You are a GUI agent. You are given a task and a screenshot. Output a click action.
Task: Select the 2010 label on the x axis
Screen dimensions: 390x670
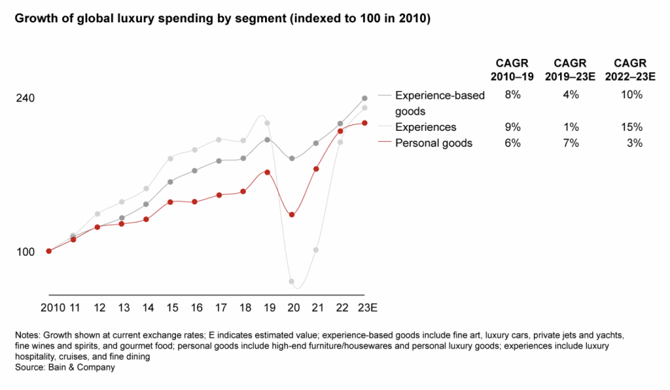click(x=52, y=307)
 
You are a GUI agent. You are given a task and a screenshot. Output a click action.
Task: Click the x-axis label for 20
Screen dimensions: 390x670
click(x=292, y=307)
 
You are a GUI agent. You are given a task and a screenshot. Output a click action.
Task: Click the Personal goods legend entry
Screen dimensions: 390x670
click(x=434, y=143)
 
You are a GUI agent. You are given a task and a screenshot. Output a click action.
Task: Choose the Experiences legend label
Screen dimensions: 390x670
click(x=426, y=127)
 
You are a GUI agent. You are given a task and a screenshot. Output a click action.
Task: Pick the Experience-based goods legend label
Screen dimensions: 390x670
click(x=440, y=103)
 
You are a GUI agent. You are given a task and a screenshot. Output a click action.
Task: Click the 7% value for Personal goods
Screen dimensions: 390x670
click(x=571, y=143)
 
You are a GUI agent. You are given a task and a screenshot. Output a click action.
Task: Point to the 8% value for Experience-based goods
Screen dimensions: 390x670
click(x=512, y=95)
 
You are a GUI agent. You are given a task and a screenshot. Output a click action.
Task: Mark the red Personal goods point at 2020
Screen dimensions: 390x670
click(x=292, y=215)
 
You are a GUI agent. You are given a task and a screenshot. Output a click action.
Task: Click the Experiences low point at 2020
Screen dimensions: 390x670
click(x=292, y=281)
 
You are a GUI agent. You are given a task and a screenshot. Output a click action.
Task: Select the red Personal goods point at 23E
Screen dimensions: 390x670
click(x=364, y=123)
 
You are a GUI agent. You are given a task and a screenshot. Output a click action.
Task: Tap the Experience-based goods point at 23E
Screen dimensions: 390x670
click(x=364, y=98)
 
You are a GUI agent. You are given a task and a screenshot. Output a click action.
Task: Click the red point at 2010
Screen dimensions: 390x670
click(x=49, y=251)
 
